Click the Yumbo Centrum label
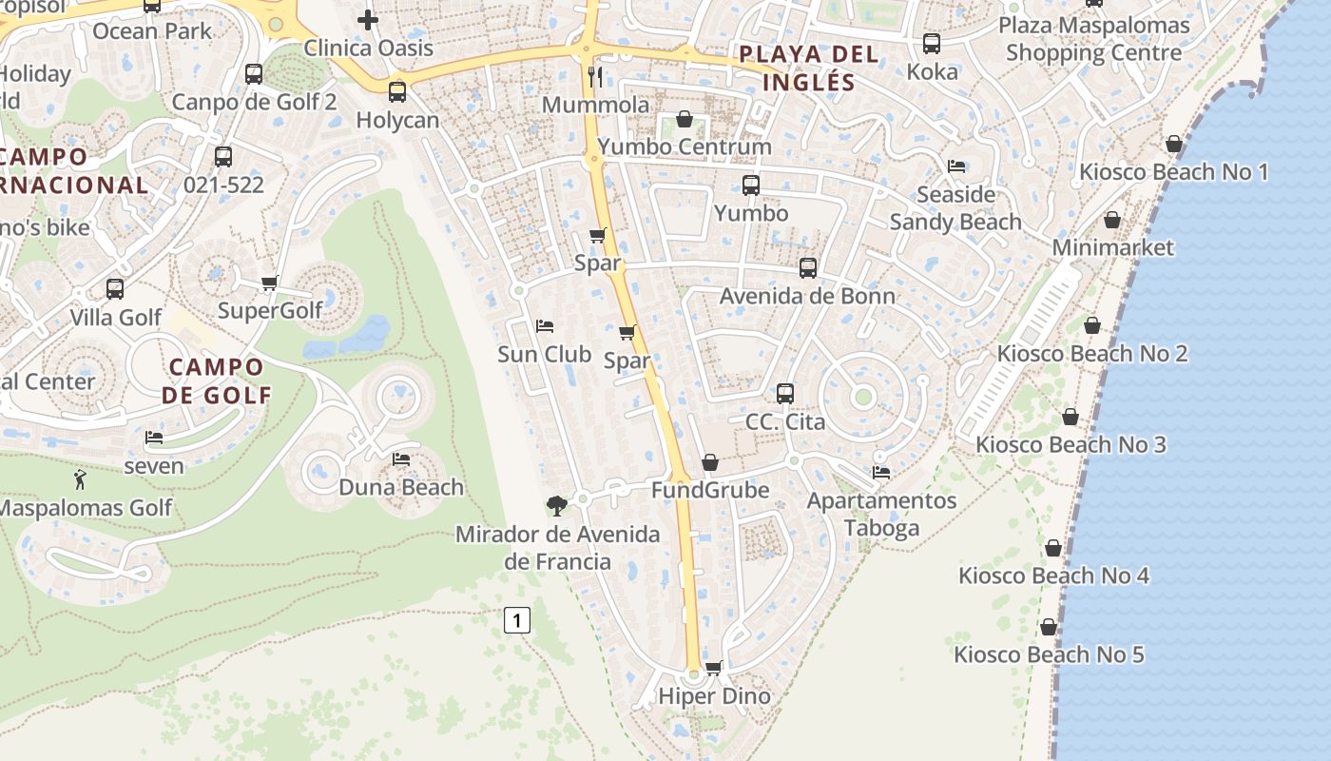[x=684, y=147]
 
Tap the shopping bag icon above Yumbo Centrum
[x=684, y=119]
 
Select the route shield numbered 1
[x=516, y=621]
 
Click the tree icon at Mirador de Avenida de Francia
[x=556, y=505]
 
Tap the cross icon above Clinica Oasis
[x=368, y=19]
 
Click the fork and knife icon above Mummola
[x=596, y=76]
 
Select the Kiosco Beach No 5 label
[x=1049, y=654]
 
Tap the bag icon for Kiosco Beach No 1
[x=1174, y=144]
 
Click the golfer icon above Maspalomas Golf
[x=80, y=479]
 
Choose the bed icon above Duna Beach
[x=401, y=459]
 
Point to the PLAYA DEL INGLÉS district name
[x=809, y=68]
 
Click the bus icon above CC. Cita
[x=785, y=393]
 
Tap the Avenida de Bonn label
[x=807, y=296]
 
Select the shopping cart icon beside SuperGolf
[x=270, y=283]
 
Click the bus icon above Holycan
[x=397, y=92]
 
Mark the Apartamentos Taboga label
[x=881, y=514]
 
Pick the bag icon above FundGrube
[x=710, y=462]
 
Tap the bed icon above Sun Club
[x=545, y=326]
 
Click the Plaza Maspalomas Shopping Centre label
[x=1093, y=39]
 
